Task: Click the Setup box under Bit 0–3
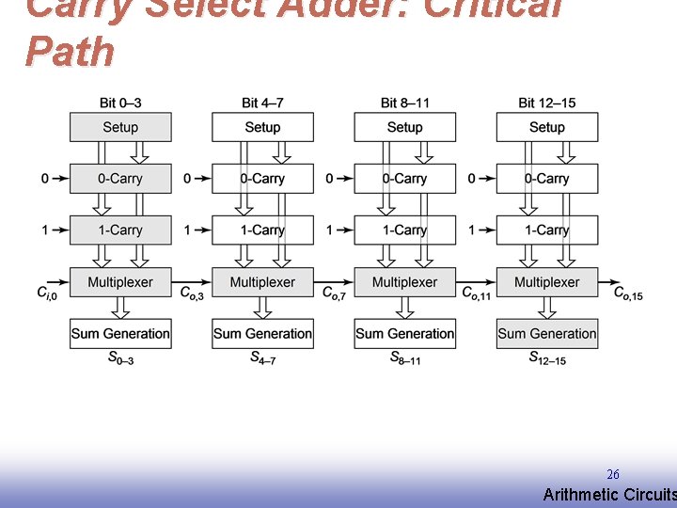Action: [x=120, y=127]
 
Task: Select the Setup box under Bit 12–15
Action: [x=546, y=127]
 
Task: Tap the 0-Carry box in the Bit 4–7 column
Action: [x=262, y=179]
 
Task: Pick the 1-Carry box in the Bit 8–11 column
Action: [x=404, y=230]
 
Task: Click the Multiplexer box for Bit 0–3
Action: [x=120, y=281]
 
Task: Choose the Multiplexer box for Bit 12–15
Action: [x=546, y=281]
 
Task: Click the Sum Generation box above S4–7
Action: [x=262, y=333]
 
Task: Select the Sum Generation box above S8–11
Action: [x=404, y=333]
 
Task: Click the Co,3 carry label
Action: [x=191, y=294]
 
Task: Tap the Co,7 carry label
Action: [x=334, y=294]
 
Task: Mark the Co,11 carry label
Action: [x=476, y=294]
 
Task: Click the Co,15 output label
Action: [x=628, y=294]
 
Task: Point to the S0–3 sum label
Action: [x=119, y=358]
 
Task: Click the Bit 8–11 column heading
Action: [x=405, y=103]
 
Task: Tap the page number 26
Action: [x=613, y=475]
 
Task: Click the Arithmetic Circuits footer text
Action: [x=609, y=495]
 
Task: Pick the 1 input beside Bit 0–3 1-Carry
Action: [x=45, y=230]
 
